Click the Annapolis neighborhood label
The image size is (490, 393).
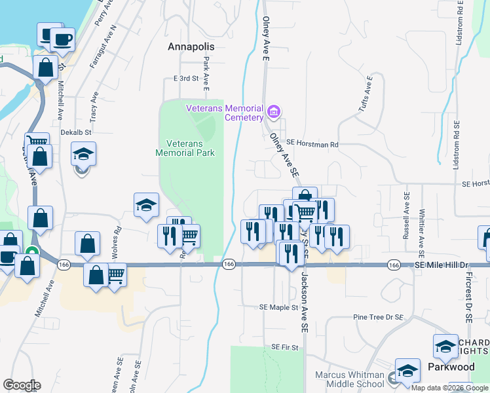coord(191,47)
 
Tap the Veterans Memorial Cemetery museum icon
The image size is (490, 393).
coord(274,112)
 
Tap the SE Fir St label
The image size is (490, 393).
coord(285,347)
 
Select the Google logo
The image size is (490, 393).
coord(22,385)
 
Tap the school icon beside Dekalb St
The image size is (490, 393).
coord(83,154)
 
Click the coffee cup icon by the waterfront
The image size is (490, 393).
coord(62,39)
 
